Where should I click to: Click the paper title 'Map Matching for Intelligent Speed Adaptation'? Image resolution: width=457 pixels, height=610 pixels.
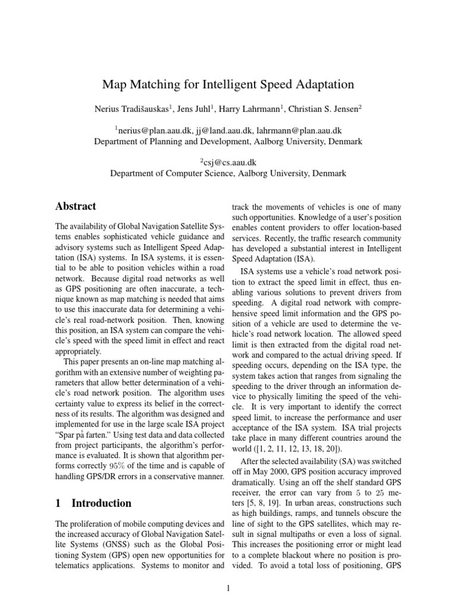(x=228, y=85)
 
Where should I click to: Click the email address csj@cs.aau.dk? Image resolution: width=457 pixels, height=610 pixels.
(x=228, y=163)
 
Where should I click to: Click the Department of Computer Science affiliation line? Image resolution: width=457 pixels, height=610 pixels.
(x=228, y=174)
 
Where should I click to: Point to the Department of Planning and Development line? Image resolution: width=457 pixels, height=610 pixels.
(x=228, y=142)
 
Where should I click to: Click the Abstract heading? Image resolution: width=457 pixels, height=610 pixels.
(x=76, y=207)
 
